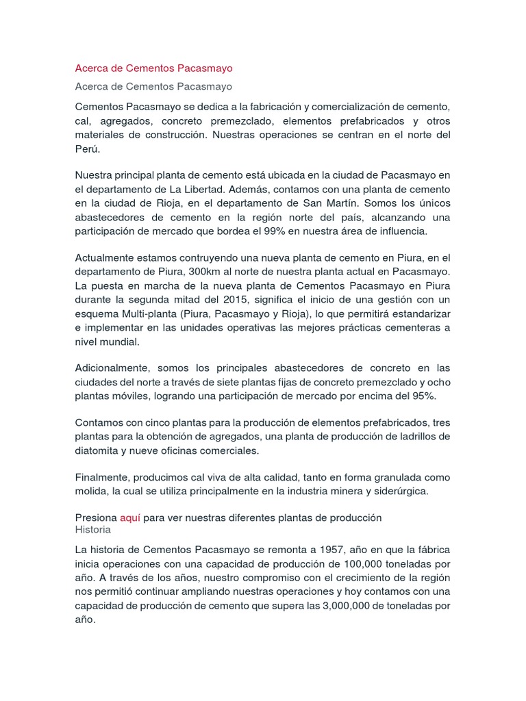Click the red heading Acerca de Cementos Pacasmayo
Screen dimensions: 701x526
pos(153,68)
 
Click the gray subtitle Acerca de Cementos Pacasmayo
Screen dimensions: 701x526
pos(153,86)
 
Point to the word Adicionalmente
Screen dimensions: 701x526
pos(110,368)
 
